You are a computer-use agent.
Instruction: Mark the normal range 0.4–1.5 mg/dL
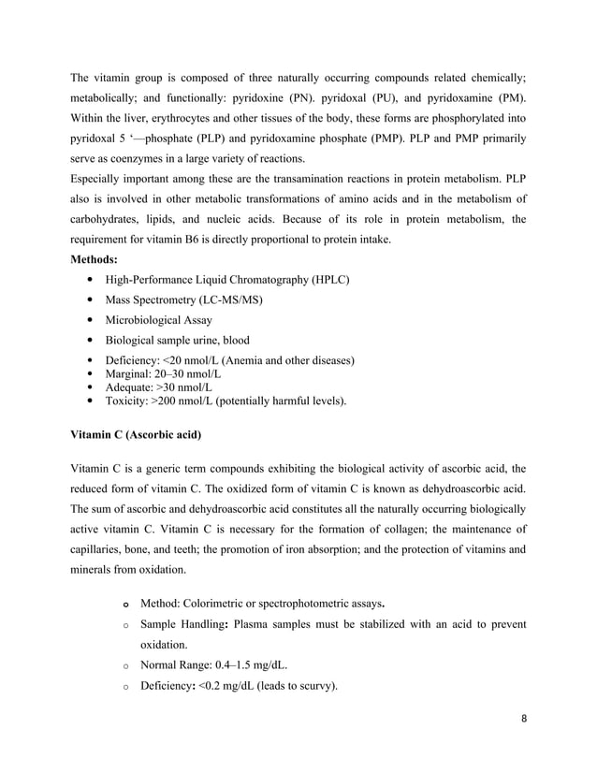point(247,665)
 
